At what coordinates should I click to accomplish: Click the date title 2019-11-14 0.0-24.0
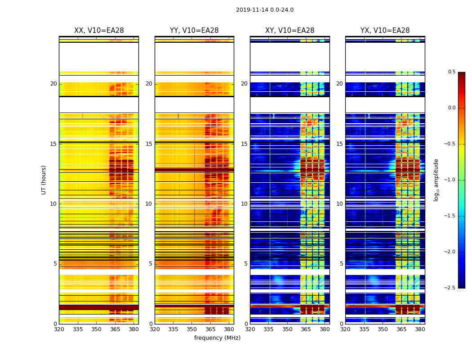264,10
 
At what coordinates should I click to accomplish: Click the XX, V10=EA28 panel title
99,31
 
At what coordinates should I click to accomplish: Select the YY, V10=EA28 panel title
194,31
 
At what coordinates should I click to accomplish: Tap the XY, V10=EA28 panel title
289,31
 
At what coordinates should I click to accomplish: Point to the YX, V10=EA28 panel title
385,31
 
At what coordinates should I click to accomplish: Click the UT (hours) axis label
44,180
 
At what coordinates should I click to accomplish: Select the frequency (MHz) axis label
217,338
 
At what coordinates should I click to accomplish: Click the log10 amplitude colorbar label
436,180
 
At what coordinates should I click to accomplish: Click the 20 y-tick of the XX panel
53,84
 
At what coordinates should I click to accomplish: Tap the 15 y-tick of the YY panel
149,144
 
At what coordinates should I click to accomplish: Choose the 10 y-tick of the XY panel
245,204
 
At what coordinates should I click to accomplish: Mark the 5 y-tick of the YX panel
342,264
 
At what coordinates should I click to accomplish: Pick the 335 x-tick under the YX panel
364,329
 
